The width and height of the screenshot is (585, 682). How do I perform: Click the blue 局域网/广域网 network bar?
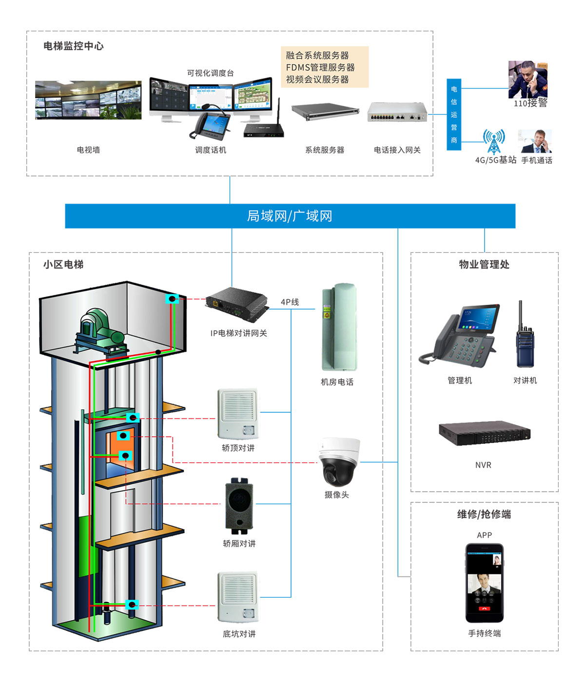(290, 216)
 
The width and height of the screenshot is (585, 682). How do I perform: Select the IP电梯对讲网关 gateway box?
(237, 304)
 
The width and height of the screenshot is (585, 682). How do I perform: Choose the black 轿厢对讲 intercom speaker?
(239, 506)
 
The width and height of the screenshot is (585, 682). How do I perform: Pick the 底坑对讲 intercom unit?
(238, 597)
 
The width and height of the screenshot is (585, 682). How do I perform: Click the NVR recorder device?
(484, 433)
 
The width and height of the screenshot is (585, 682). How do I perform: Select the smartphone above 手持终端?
(484, 583)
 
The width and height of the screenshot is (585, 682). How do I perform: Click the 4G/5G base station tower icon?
(494, 142)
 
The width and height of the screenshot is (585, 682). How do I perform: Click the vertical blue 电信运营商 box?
(454, 114)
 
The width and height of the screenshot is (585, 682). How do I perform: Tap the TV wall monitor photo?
(88, 100)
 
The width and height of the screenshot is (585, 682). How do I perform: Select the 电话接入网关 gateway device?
(397, 113)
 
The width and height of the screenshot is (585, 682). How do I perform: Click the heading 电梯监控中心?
(74, 46)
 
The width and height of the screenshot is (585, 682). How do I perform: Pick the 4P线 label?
(290, 302)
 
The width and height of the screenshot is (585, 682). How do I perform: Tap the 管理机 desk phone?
(460, 336)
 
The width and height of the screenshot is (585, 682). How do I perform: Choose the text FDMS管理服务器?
(320, 67)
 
